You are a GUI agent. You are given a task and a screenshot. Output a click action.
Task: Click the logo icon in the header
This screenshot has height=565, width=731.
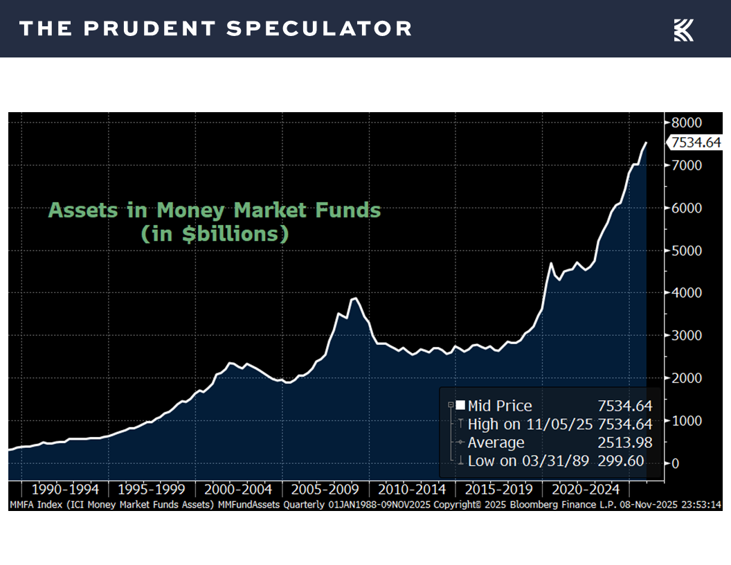[x=683, y=30]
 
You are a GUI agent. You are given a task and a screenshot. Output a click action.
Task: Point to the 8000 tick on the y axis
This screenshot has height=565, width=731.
[x=687, y=123]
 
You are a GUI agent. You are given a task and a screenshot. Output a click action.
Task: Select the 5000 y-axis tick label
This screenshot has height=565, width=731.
[x=687, y=251]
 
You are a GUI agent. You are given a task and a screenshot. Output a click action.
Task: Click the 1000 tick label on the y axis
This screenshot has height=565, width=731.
[x=687, y=421]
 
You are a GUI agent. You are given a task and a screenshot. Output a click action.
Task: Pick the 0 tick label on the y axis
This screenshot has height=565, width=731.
[x=676, y=463]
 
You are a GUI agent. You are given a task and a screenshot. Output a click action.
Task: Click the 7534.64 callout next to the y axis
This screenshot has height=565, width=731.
[x=694, y=143]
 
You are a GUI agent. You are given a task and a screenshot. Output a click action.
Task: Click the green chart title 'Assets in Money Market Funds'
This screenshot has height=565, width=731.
[x=215, y=210]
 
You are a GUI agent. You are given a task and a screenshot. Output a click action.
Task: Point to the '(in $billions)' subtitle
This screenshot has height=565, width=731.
[x=215, y=234]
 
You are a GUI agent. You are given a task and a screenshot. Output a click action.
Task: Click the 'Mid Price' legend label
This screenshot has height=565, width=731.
[x=500, y=406]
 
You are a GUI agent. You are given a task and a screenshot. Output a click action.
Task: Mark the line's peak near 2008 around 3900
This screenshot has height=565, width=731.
[x=354, y=298]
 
